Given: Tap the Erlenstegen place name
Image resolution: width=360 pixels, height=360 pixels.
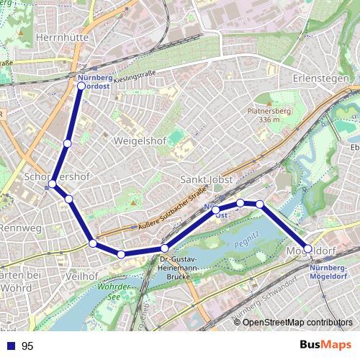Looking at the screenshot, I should click(321, 77).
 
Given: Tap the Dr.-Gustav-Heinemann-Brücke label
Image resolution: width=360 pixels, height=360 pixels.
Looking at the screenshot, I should click(183, 267).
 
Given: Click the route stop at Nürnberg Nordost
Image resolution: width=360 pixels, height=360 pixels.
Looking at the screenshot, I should click(81, 86).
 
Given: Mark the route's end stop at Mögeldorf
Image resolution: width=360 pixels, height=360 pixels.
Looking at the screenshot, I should click(308, 248).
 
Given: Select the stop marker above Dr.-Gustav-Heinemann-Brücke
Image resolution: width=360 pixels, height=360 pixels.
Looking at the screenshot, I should click(164, 248).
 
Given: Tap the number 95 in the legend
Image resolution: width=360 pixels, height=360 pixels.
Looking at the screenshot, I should click(27, 346).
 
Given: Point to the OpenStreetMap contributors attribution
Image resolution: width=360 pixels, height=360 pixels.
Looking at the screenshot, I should click(297, 322).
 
